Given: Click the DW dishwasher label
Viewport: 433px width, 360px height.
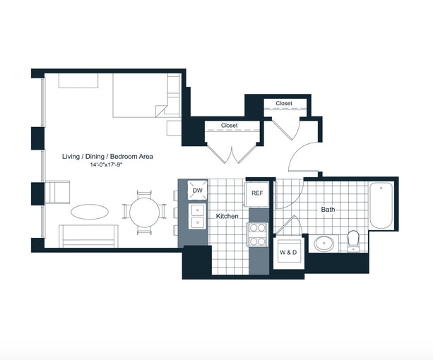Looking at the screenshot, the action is (x=198, y=191).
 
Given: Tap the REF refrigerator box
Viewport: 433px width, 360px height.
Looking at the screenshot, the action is (x=257, y=194).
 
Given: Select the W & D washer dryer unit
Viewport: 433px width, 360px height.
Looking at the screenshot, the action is (x=289, y=253).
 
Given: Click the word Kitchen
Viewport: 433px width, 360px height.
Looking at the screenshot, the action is (x=227, y=216).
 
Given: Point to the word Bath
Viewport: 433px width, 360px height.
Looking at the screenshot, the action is (x=328, y=210).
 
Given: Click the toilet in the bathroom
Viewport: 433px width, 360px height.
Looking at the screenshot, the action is (x=353, y=241).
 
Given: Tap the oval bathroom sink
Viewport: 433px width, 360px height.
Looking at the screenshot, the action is (x=324, y=244).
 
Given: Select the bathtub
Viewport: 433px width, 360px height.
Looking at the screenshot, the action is (x=381, y=205).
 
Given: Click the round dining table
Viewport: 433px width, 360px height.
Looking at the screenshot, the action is (x=144, y=212).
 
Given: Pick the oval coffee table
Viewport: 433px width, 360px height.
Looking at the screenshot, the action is (x=90, y=212).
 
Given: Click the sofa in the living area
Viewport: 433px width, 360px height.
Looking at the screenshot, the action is (x=88, y=236).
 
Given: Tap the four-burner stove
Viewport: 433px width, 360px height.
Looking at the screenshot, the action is (x=257, y=234).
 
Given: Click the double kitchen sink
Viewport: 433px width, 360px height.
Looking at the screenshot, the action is (x=198, y=216).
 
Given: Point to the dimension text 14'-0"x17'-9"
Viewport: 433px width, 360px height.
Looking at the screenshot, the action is (x=106, y=165).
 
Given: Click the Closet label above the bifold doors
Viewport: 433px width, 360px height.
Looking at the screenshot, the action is (x=229, y=126).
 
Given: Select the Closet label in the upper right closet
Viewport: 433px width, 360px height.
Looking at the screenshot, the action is (x=284, y=104).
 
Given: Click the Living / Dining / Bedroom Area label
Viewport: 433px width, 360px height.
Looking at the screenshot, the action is (x=107, y=157).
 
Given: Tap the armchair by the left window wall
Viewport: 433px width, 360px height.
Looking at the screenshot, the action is (x=57, y=192).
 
